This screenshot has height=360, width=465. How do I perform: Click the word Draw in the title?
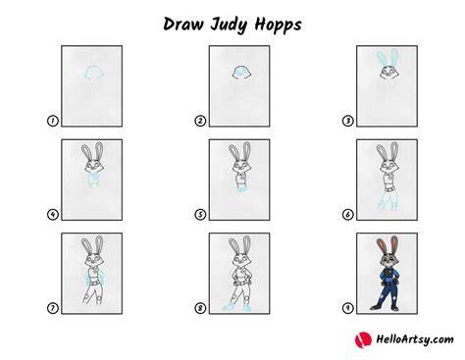(x=183, y=25)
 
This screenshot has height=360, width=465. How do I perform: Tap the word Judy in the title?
(x=229, y=26)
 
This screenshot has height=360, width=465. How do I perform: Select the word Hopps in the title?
(x=278, y=26)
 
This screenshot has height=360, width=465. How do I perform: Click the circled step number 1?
(x=52, y=121)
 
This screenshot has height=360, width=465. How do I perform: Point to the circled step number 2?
(x=200, y=121)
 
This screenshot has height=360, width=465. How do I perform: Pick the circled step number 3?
(x=348, y=121)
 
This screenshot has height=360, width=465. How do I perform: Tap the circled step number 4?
(x=52, y=215)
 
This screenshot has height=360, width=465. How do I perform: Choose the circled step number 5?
(x=200, y=215)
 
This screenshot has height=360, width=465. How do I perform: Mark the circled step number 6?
(x=348, y=215)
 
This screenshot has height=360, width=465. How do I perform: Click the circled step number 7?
(x=52, y=308)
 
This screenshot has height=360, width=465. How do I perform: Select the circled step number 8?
(x=200, y=308)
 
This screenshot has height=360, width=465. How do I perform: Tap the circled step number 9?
(x=348, y=308)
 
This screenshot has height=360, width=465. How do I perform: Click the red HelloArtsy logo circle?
(x=363, y=339)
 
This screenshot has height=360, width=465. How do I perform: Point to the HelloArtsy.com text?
(x=415, y=339)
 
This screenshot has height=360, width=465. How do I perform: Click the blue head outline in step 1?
(x=94, y=67)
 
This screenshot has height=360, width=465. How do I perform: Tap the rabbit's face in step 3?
(x=388, y=72)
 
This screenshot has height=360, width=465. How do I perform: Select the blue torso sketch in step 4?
(x=94, y=180)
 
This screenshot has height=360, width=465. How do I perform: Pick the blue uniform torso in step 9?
(x=387, y=277)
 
